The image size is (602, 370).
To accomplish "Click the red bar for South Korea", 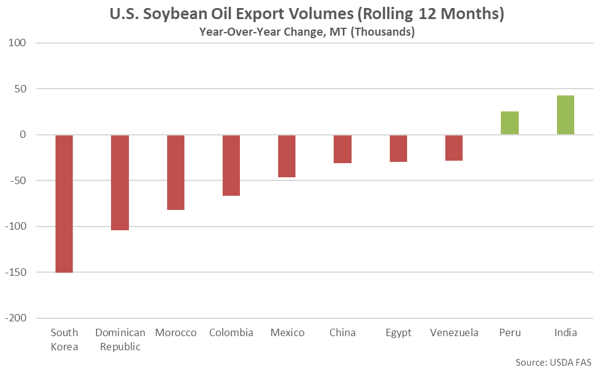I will pyautogui.click(x=64, y=203).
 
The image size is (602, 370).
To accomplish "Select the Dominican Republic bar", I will pyautogui.click(x=120, y=182).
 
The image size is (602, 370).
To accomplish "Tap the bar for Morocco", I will pyautogui.click(x=176, y=172).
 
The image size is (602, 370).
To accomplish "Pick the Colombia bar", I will pyautogui.click(x=231, y=165).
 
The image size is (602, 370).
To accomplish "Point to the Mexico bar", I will pyautogui.click(x=287, y=156).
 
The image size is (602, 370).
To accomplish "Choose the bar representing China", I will pyautogui.click(x=342, y=149).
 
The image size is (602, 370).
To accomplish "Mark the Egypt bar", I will pyautogui.click(x=398, y=148).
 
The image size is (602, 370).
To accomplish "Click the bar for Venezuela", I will pyautogui.click(x=454, y=148).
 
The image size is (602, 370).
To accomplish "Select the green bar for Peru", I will pyautogui.click(x=509, y=123).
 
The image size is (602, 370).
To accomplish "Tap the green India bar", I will pyautogui.click(x=566, y=115).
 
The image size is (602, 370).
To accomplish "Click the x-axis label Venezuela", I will pyautogui.click(x=454, y=333).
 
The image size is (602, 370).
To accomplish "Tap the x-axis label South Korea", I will pyautogui.click(x=64, y=339).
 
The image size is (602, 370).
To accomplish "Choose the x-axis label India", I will pyautogui.click(x=566, y=333).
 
